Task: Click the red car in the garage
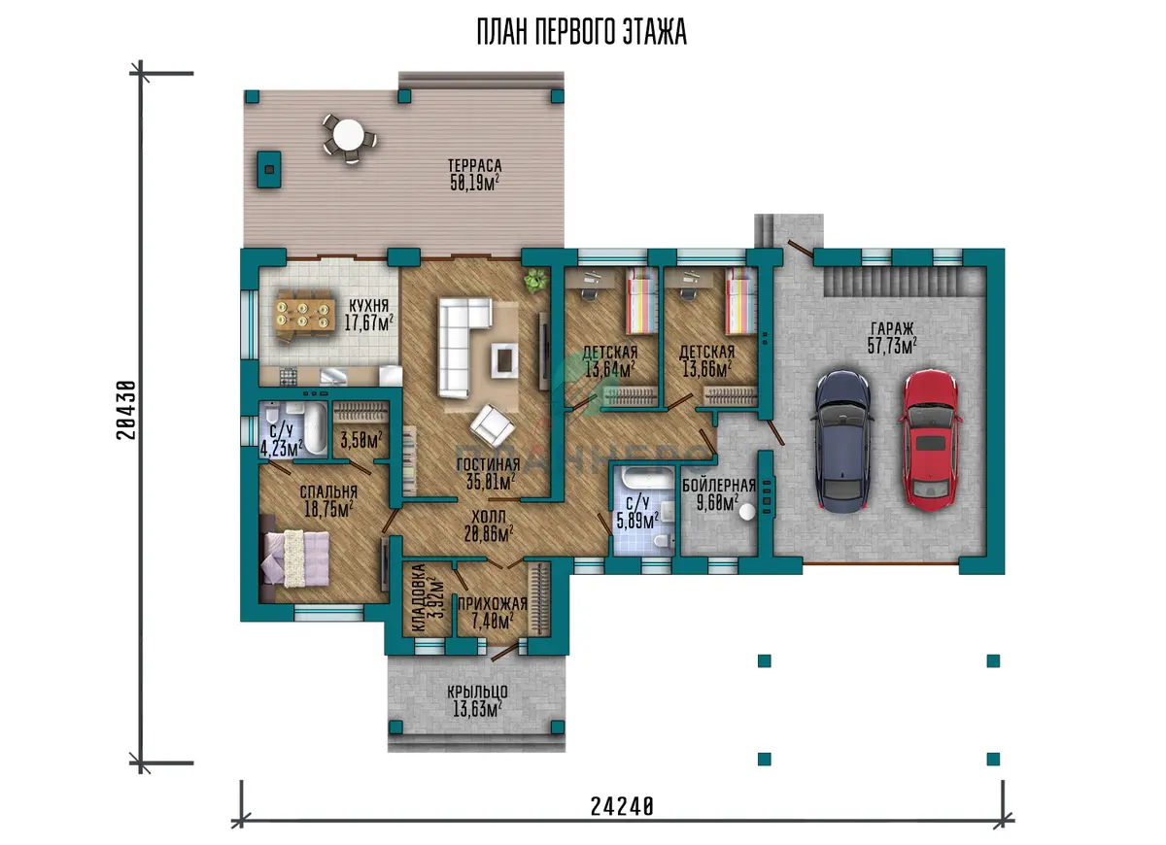coord(930,440)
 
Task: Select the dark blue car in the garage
coord(842,441)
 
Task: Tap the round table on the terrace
coord(349,134)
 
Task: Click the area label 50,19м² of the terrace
coord(475,183)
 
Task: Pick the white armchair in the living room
coord(493,426)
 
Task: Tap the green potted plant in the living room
coord(536,281)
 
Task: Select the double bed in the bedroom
coord(295,558)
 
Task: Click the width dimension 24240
coord(622,806)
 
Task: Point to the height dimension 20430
coord(126,411)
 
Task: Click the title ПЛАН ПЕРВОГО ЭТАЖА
coord(581,32)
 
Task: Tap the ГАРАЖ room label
coord(892,329)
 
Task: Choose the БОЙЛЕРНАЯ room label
coord(719,486)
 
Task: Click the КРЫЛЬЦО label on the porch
coord(477,692)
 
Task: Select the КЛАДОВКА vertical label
coord(419,598)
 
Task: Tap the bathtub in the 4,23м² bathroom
coord(316,428)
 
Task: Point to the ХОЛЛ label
coord(488,517)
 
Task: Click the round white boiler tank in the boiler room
coord(747,512)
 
